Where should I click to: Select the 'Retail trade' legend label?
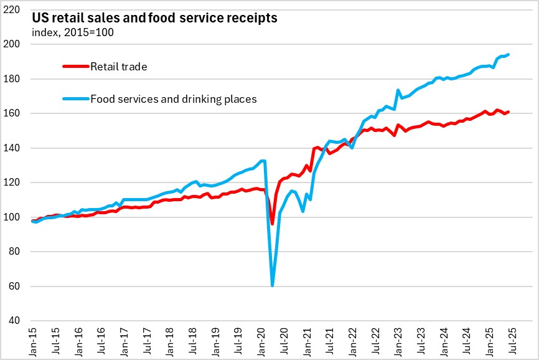click(118, 66)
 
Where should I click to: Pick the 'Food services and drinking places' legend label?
click(174, 98)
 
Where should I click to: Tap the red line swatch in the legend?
click(75, 66)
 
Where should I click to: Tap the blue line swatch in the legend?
click(75, 98)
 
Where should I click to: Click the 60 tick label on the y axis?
click(19, 287)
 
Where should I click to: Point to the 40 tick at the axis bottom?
click(19, 321)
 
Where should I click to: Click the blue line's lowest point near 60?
click(273, 285)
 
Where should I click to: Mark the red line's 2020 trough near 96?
click(273, 224)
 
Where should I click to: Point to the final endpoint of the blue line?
click(509, 54)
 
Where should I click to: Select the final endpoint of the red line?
click(509, 112)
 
